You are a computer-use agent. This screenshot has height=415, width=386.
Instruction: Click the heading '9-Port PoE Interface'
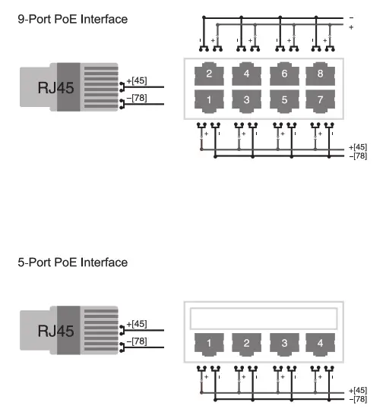(x=72, y=18)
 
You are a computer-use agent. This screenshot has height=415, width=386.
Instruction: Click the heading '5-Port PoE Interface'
(x=72, y=263)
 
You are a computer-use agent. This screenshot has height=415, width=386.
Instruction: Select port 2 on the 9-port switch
(x=209, y=74)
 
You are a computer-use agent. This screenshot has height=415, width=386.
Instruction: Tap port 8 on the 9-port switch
(x=320, y=74)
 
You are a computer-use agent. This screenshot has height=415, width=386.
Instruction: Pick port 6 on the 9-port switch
(x=283, y=74)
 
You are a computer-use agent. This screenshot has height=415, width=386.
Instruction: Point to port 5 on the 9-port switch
(x=283, y=100)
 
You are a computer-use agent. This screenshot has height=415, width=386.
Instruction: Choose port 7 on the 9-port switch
(x=320, y=100)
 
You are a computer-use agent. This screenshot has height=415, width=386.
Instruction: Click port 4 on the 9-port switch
(x=246, y=74)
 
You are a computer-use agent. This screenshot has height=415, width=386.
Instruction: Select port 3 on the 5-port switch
(x=283, y=343)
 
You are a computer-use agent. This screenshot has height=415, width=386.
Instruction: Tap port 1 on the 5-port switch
(x=209, y=343)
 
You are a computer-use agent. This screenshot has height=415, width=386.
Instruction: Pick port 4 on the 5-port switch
(x=320, y=343)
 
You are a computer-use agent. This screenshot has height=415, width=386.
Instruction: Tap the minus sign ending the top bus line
(x=350, y=17)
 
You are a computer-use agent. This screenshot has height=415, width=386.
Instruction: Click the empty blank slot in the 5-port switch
(x=264, y=317)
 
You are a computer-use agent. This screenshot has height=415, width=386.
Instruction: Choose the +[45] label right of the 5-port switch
(x=357, y=390)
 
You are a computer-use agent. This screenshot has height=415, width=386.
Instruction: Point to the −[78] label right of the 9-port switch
(x=357, y=156)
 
